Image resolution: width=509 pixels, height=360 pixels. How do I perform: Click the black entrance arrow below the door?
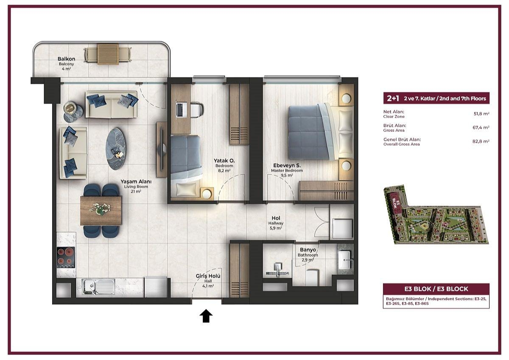pos(206,316)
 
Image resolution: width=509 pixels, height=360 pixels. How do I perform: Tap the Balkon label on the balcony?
pos(66,59)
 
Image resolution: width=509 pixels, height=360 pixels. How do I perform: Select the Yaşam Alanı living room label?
pos(136,181)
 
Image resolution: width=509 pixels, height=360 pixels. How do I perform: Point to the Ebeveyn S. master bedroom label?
pos(287,165)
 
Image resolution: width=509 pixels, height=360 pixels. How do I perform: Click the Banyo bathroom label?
pos(308,250)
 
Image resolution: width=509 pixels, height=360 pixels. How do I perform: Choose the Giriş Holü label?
pos(208,276)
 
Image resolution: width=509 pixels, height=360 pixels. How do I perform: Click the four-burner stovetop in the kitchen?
pos(66,257)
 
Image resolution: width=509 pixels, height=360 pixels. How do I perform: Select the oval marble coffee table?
pos(115,149)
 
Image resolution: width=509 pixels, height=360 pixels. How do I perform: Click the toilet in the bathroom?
pos(311,277)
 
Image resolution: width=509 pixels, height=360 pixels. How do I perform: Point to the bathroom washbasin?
pos(345,260)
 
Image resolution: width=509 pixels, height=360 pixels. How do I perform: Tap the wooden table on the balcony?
pos(108,54)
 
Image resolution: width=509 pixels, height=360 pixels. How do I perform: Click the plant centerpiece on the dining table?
pos(99,208)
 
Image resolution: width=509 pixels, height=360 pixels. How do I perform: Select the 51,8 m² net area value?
pos(481,114)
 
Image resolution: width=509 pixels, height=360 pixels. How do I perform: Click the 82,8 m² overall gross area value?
pos(481,141)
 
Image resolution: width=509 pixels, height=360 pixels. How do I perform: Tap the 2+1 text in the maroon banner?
pos(393,98)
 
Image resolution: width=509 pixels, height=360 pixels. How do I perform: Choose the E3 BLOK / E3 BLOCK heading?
pos(436,289)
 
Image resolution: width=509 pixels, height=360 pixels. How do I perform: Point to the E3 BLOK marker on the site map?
pos(395,203)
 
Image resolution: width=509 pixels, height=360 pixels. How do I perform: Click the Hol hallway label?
pos(276,218)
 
